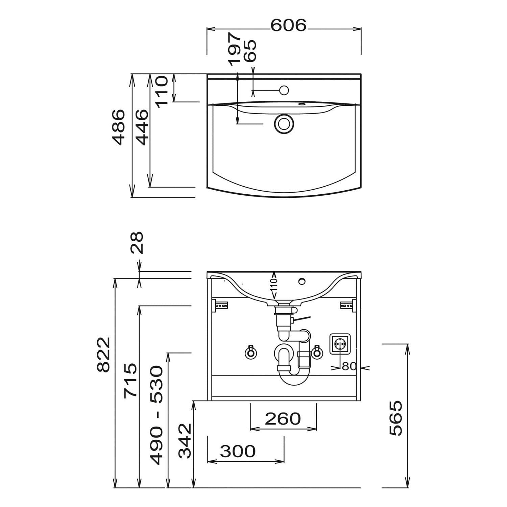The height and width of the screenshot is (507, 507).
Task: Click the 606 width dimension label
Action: coord(288,25)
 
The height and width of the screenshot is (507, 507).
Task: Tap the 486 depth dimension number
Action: coord(119,127)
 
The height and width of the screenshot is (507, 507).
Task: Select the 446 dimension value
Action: coord(141,127)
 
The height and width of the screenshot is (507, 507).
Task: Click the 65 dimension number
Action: coord(250,51)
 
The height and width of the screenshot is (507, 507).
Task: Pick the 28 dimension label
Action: coord(137,243)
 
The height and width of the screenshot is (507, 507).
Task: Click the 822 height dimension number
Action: coord(103,355)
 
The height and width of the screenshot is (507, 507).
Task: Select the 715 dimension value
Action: coord(130,381)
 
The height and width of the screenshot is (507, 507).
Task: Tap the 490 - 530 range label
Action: coord(157,415)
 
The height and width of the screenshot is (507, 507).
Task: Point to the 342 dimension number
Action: coord(185,441)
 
